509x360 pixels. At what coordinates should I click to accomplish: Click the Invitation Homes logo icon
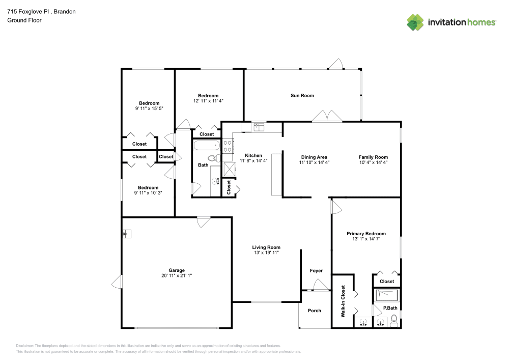[x=415, y=22]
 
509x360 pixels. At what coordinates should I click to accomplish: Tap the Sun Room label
[x=302, y=95]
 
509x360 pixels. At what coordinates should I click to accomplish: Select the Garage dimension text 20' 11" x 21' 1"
[x=177, y=275]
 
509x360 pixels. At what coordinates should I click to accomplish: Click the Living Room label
[x=266, y=247]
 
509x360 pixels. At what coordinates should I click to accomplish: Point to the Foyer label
[x=316, y=270]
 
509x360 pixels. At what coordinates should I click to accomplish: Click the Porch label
[x=315, y=310]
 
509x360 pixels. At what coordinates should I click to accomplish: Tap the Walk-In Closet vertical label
[x=343, y=301]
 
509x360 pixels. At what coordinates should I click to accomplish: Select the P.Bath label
[x=390, y=308]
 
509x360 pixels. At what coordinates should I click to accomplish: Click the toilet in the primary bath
[x=393, y=321]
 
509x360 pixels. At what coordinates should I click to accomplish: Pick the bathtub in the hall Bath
[x=206, y=146]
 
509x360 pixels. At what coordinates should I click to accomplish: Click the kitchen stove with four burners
[x=228, y=147]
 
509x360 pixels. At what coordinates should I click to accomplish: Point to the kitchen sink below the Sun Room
[x=259, y=127]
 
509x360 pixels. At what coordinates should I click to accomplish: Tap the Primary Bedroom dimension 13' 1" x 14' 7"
[x=365, y=239]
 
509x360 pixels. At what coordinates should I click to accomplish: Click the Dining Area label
[x=314, y=157]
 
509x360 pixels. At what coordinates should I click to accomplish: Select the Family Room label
[x=373, y=157]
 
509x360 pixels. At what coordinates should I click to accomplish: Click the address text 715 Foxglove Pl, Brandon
[x=42, y=11]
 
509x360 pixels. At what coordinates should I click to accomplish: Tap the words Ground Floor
[x=24, y=20]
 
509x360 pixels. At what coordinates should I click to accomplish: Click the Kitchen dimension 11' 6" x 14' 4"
[x=253, y=161]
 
